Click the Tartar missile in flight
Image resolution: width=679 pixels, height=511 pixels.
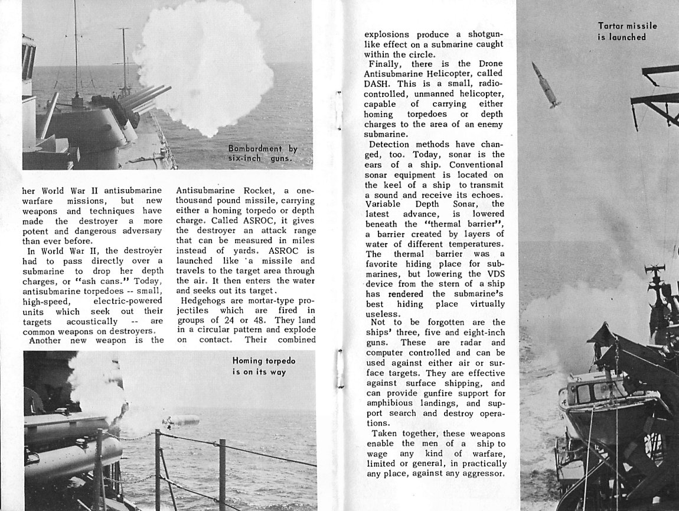pyautogui.click(x=545, y=84)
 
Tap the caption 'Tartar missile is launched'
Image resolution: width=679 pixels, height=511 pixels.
pyautogui.click(x=627, y=31)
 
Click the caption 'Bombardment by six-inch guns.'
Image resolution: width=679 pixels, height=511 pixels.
pyautogui.click(x=263, y=154)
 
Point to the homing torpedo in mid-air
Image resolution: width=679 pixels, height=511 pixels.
pyautogui.click(x=181, y=422)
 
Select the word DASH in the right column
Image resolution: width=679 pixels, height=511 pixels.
pyautogui.click(x=381, y=83)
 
